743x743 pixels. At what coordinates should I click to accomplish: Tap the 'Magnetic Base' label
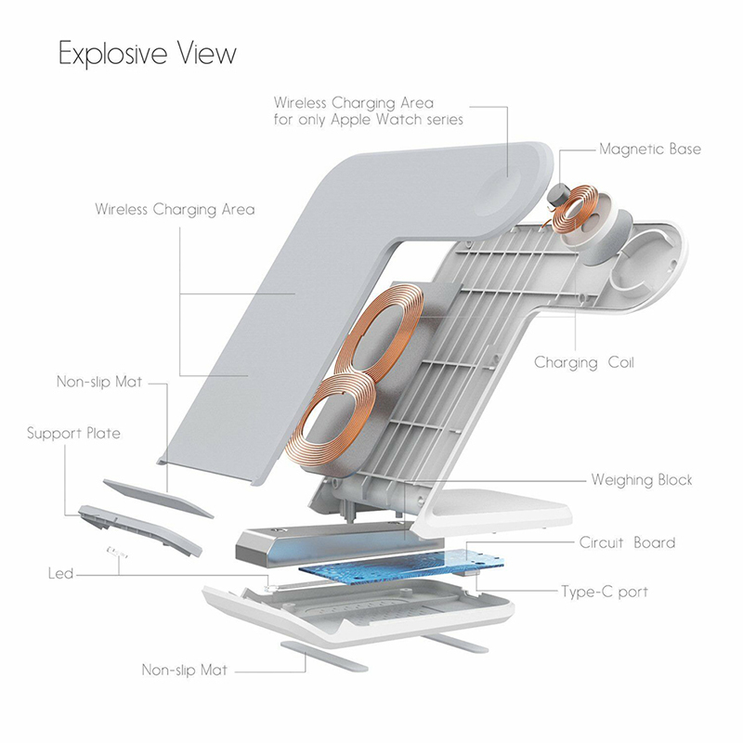(x=649, y=149)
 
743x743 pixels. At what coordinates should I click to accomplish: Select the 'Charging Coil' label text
(x=583, y=362)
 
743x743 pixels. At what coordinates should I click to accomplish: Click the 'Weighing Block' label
(x=641, y=480)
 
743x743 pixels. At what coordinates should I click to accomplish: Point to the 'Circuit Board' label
(x=627, y=542)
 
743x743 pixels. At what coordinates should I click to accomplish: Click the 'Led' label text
(x=60, y=573)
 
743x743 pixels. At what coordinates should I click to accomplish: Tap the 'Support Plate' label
(x=73, y=433)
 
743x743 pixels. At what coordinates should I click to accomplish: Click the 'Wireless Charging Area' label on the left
(x=175, y=210)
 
